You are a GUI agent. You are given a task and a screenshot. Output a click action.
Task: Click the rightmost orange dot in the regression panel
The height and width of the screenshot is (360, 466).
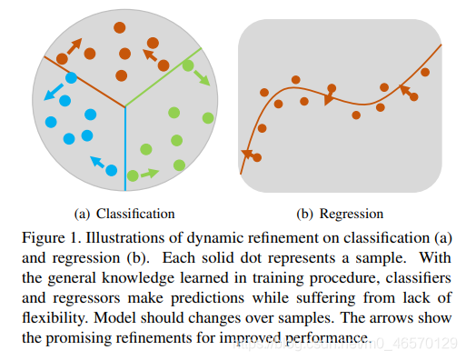click(x=425, y=72)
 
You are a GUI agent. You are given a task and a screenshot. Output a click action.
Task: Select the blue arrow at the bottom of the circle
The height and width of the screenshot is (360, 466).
click(x=97, y=163)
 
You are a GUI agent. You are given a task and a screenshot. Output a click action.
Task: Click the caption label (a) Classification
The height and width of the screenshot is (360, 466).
click(x=124, y=214)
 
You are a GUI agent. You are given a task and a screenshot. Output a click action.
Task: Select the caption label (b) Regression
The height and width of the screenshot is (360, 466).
click(x=340, y=214)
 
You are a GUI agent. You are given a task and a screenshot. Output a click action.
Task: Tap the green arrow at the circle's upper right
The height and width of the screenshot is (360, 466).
click(x=200, y=74)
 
